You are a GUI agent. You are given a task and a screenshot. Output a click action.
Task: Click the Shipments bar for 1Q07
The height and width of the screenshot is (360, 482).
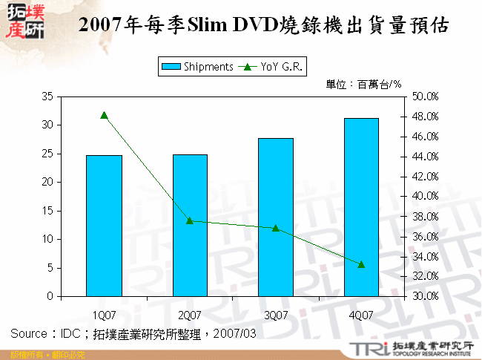point(104,226)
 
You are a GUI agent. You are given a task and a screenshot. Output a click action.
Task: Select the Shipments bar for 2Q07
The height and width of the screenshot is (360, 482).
point(190,226)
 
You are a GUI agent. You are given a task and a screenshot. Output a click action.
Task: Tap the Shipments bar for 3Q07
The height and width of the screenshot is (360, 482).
point(276,217)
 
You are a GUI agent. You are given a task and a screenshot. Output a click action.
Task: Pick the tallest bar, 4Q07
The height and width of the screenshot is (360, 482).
point(361,207)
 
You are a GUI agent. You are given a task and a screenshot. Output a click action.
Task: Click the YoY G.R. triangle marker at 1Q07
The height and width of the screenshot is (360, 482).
point(104,115)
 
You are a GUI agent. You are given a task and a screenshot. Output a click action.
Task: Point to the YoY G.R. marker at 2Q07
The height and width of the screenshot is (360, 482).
point(190,220)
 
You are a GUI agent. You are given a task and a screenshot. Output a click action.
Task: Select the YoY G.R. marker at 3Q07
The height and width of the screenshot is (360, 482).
point(276,228)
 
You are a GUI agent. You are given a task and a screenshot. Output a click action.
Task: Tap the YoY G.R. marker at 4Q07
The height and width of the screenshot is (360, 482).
point(361,264)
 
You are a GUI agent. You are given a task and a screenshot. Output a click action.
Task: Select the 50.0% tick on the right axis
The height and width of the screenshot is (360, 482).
point(425,96)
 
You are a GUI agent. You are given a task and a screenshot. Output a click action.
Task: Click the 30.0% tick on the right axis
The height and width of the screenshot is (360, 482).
point(425,296)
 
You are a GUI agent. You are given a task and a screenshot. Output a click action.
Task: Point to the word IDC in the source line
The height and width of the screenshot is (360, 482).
point(71,335)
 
